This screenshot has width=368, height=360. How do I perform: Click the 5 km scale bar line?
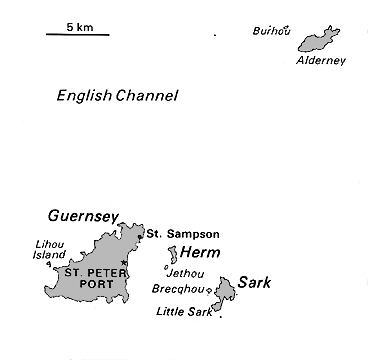point(77,35)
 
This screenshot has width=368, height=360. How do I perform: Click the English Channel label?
point(117,96)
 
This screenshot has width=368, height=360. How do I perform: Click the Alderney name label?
point(321,61)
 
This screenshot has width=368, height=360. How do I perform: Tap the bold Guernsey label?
point(84,216)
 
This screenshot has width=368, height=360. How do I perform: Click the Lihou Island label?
point(50,249)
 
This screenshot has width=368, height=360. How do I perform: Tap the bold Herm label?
point(200,253)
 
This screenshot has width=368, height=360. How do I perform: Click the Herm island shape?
point(173,253)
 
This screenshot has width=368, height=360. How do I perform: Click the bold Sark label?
point(254,283)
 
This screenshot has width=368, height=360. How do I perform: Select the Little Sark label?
point(183,311)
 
